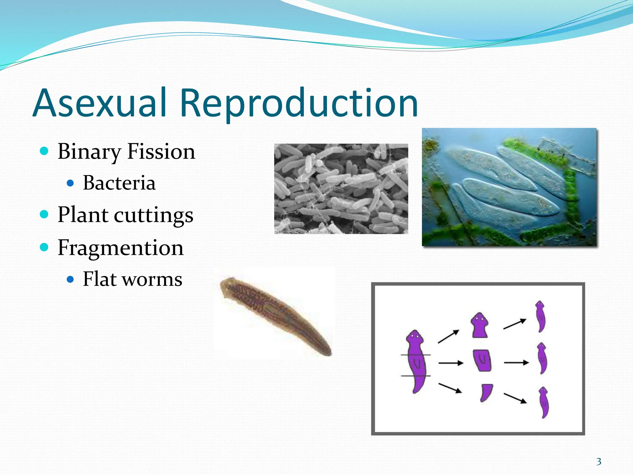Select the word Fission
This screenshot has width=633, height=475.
point(161,152)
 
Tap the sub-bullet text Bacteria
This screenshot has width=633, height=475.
point(119,183)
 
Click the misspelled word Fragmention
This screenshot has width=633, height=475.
point(121,248)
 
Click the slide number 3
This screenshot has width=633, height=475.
point(599,462)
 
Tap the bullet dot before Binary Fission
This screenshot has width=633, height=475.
point(45,151)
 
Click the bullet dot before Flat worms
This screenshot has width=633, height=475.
point(70,280)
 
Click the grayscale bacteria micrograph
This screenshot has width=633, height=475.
point(341,189)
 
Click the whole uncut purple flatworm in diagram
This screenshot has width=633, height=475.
point(416,362)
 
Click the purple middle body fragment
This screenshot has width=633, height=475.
point(482,361)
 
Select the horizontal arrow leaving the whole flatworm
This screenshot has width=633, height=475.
point(451,363)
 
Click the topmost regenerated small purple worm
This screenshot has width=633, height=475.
point(540,316)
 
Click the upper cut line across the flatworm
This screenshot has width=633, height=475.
point(416,355)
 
